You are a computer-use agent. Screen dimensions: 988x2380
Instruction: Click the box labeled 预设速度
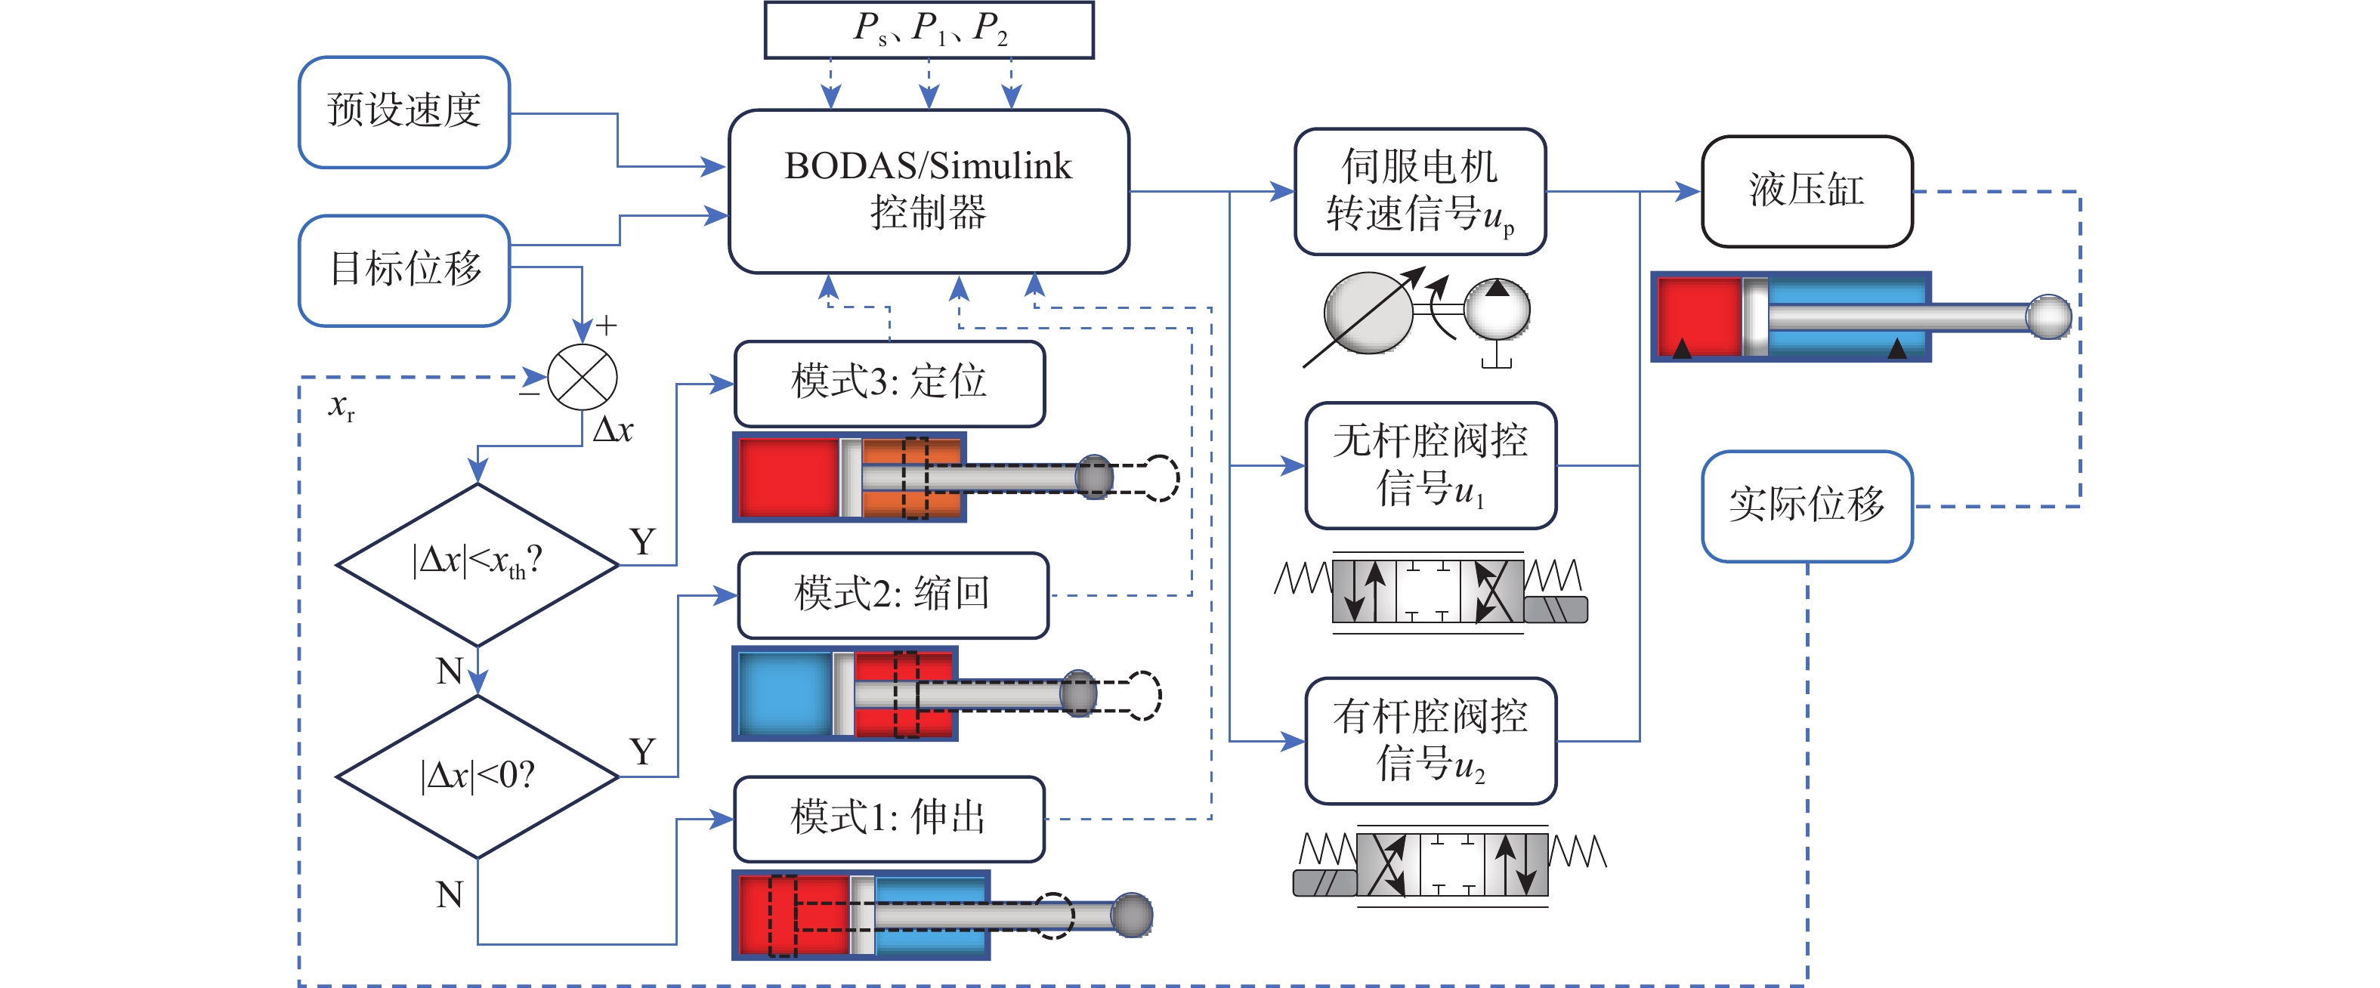(403, 112)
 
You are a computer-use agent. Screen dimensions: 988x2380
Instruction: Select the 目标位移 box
(403, 270)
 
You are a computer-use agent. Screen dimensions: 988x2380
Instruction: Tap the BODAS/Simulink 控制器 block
(928, 191)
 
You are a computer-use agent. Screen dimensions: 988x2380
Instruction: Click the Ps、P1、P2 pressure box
(929, 29)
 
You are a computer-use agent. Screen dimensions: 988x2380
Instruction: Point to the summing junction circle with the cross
(582, 378)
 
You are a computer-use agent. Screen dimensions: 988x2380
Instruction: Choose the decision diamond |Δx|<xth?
(477, 563)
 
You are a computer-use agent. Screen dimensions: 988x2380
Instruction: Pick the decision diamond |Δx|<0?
(477, 777)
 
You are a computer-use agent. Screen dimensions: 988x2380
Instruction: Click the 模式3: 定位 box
(889, 383)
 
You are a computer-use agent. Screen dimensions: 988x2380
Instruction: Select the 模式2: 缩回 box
(892, 594)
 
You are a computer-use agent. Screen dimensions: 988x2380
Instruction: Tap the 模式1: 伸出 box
(889, 818)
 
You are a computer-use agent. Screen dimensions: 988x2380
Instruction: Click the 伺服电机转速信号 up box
(1419, 191)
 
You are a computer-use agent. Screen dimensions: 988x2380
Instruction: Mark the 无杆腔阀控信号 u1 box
(1430, 465)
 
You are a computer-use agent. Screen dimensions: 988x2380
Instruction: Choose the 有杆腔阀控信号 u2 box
(1430, 740)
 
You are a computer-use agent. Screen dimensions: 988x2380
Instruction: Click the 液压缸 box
(1807, 191)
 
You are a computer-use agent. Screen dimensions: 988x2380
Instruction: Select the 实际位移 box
(1807, 506)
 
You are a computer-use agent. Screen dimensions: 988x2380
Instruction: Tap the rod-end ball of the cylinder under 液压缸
(2048, 316)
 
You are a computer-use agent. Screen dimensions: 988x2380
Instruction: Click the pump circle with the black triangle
(1497, 310)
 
